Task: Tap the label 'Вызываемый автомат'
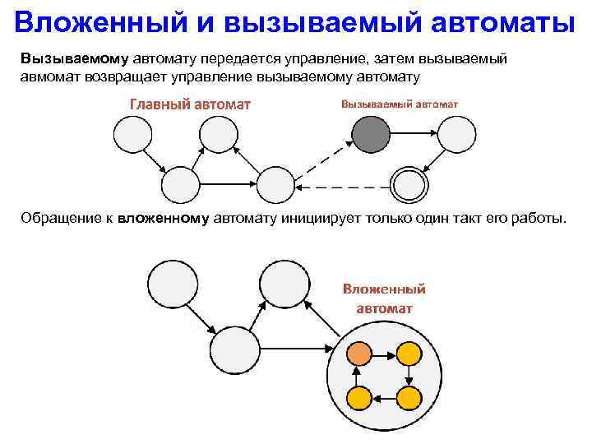click(x=400, y=104)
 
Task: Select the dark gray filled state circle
click(x=372, y=134)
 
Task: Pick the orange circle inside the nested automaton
click(x=359, y=354)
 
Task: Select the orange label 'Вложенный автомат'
click(x=384, y=298)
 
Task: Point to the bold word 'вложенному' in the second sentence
click(x=164, y=219)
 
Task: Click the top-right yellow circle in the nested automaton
click(x=409, y=354)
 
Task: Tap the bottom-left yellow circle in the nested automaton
click(x=359, y=398)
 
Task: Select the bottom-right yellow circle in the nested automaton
click(x=409, y=398)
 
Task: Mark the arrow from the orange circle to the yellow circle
click(x=384, y=354)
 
